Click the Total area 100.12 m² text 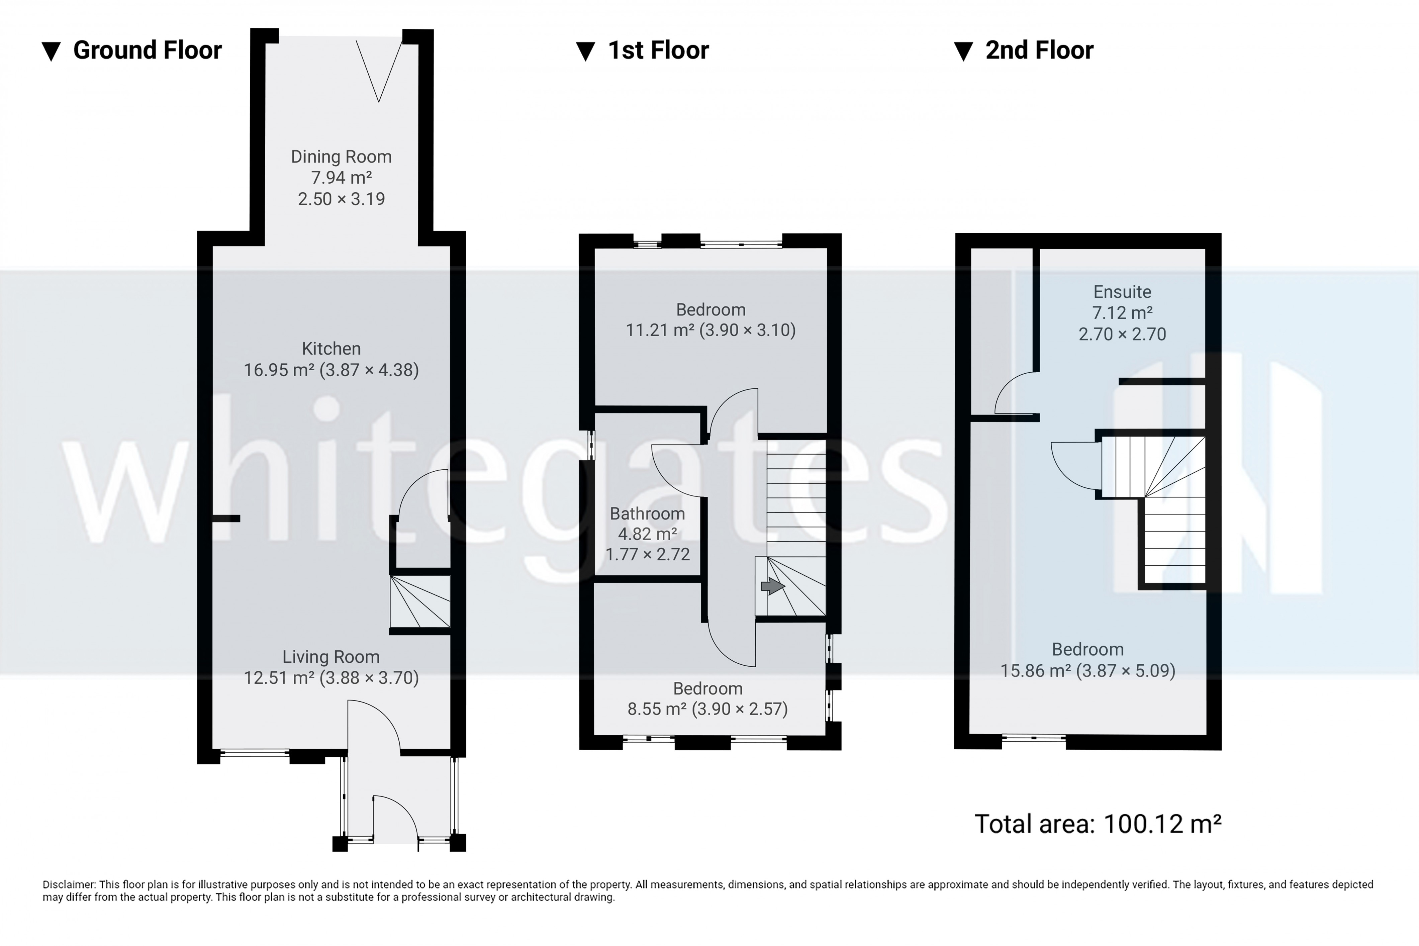(1098, 824)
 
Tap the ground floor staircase (420, 601)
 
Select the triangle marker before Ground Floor (51, 51)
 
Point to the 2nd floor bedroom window (1034, 737)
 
